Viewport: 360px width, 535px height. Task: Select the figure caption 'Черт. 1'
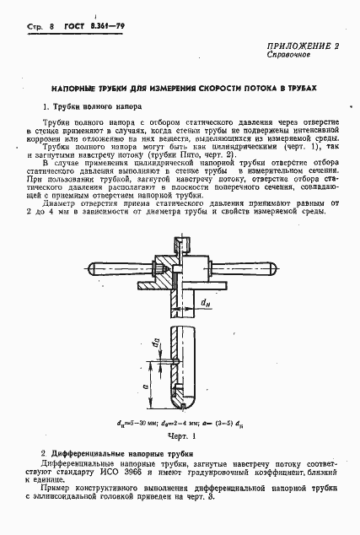coord(180,437)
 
